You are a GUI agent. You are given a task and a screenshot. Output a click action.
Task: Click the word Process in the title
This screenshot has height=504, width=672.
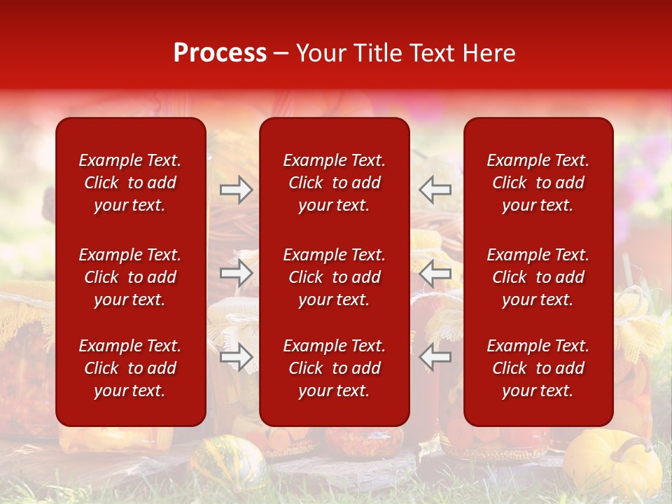pos(220,53)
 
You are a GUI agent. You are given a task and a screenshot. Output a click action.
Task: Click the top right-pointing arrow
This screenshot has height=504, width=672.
pos(237,189)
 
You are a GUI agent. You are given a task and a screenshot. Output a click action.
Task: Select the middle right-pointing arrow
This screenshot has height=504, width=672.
pos(237,273)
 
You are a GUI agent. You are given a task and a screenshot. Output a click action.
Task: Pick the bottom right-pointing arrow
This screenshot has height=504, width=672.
pos(237,357)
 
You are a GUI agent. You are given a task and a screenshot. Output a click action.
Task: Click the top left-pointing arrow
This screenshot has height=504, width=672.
pos(435,189)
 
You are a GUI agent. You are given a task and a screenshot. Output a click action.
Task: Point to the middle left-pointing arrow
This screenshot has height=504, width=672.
pos(435,273)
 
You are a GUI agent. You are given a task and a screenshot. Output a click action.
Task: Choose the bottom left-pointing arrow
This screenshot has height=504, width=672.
pos(435,357)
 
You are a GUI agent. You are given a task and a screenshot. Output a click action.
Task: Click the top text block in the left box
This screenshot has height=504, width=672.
pos(130,183)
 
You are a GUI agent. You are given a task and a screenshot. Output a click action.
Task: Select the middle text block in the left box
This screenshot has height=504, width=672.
pos(130,277)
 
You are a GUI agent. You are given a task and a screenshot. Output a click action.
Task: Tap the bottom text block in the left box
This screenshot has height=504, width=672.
pos(130,368)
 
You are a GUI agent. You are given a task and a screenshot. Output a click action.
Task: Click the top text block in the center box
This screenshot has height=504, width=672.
pos(334,183)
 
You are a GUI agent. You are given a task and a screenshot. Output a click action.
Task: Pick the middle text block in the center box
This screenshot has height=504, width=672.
pos(334,277)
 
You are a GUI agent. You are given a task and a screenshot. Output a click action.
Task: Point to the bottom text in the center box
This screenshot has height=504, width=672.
pos(334,368)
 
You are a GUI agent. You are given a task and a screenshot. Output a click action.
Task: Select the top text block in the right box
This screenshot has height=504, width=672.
pos(538,183)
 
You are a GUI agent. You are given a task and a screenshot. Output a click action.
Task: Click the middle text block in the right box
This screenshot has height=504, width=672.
pos(538,277)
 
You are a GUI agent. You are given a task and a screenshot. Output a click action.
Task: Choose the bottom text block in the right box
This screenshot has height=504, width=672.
pos(538,368)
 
